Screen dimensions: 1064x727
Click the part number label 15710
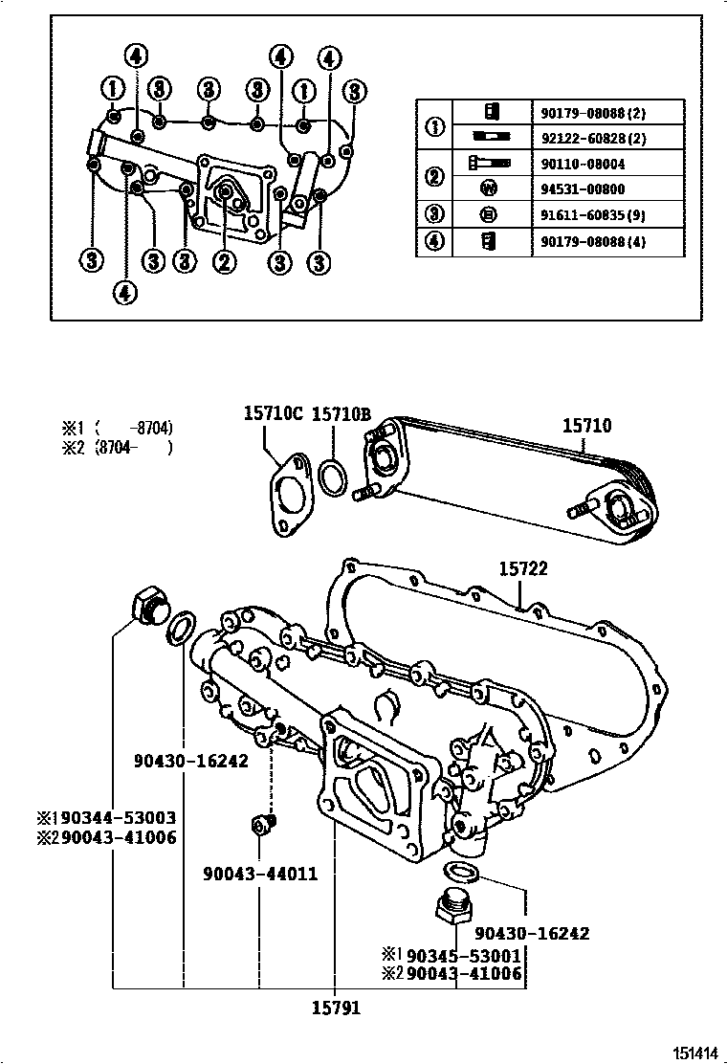coord(586,427)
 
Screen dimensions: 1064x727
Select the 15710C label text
coord(272,413)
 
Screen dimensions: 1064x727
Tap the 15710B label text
coord(341,413)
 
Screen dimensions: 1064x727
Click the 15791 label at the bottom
coord(336,1009)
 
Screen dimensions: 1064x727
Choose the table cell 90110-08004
coord(587,164)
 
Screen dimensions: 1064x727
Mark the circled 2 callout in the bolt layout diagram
coord(225,260)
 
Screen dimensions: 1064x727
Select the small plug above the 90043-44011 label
coord(261,824)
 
